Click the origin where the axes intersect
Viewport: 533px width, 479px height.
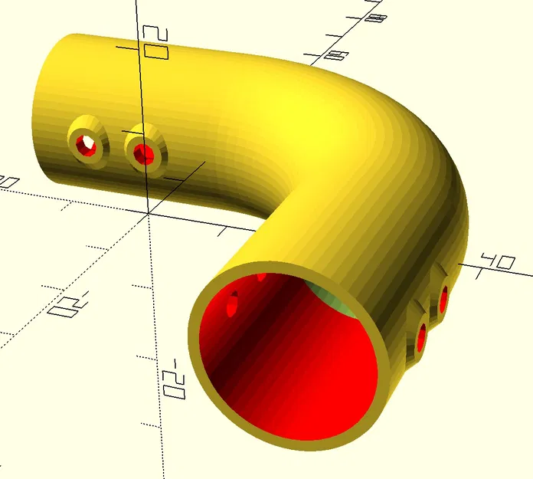click(147, 215)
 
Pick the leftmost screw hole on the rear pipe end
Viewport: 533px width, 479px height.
click(88, 143)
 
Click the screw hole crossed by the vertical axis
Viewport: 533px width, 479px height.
click(144, 154)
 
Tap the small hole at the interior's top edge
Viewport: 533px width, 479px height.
click(261, 276)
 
